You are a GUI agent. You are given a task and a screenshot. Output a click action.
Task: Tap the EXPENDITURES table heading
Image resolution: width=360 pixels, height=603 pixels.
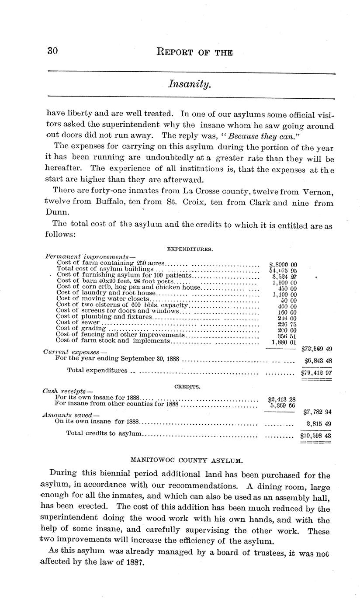[x=190, y=249]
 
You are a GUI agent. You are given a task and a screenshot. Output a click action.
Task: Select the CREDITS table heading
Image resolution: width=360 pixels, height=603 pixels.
[x=187, y=387]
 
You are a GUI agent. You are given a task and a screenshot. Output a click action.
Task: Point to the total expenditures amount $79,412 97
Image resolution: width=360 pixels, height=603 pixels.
[x=316, y=373]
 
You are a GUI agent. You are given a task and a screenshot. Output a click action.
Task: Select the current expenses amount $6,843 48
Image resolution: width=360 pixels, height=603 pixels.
[x=318, y=361]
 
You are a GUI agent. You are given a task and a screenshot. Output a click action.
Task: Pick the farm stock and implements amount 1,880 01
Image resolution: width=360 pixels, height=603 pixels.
[x=284, y=342]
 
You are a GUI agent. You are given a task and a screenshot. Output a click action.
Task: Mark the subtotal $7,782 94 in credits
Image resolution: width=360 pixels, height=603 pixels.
[x=317, y=412]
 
